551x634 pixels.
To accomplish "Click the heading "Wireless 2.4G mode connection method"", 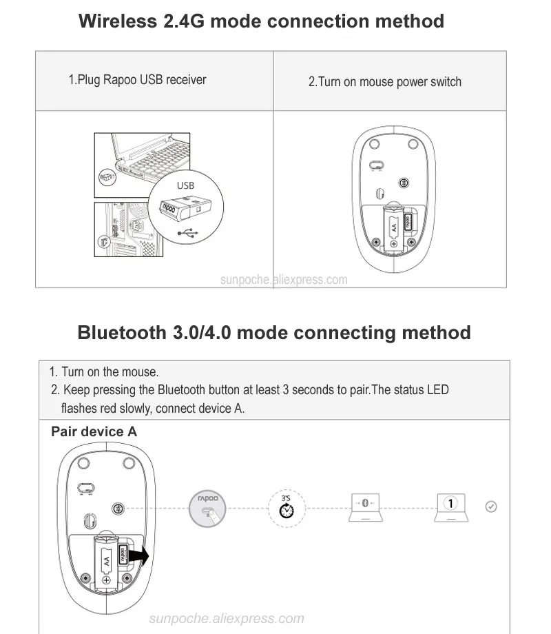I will (x=261, y=21).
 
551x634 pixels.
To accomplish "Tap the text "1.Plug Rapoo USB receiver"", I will (x=137, y=80).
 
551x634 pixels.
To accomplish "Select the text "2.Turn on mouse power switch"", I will (x=384, y=82).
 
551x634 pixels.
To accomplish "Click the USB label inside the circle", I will (x=185, y=185).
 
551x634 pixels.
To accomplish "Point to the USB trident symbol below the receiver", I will (x=185, y=233).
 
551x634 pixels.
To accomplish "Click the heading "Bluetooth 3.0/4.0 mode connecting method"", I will (x=274, y=332).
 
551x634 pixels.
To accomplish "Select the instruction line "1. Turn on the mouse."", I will (x=104, y=372).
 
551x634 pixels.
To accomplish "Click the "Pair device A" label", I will (x=94, y=432).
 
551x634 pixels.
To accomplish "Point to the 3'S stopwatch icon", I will (x=286, y=509).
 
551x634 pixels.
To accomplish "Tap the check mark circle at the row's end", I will (x=491, y=507).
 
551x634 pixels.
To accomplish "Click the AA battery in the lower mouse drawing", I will (x=107, y=558).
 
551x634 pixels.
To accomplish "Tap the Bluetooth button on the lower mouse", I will (x=118, y=508).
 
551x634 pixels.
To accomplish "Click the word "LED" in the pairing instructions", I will (x=437, y=390).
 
